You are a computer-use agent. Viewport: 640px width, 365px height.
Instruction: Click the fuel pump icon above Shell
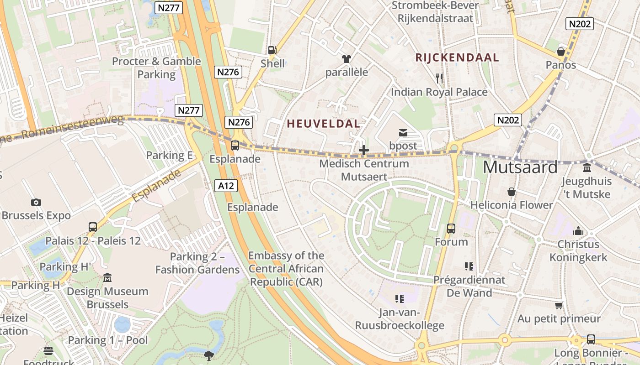[x=272, y=50]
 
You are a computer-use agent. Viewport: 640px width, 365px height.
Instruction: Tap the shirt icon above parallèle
[x=347, y=59]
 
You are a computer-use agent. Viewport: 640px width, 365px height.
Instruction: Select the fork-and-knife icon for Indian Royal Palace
[x=439, y=78]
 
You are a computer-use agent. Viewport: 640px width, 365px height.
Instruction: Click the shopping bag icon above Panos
[x=561, y=52]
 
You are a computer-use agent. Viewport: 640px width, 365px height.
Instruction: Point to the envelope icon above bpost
[x=403, y=133]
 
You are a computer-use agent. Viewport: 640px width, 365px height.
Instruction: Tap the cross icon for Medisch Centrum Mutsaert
[x=364, y=150]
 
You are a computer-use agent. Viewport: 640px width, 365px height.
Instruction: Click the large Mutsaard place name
[x=520, y=167]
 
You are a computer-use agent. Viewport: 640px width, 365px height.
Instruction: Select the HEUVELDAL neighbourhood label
[x=323, y=124]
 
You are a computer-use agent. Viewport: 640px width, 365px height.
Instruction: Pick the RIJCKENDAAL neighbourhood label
[x=457, y=57]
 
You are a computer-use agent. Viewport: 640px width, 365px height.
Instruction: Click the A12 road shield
[x=226, y=186]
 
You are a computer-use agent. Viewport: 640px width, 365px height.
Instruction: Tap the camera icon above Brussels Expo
[x=36, y=202]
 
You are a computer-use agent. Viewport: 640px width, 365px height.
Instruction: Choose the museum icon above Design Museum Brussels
[x=107, y=278]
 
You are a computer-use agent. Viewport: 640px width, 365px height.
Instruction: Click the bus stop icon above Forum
[x=451, y=228]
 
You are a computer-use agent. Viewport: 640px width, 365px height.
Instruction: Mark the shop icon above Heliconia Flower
[x=512, y=192]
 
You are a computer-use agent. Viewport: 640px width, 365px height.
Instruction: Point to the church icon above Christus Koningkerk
[x=578, y=231]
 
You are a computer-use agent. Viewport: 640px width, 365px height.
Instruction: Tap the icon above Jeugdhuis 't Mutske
[x=587, y=168]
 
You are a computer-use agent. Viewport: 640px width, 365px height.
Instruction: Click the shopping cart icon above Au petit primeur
[x=559, y=305]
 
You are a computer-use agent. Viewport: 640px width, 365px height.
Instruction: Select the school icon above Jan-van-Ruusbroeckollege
[x=400, y=299]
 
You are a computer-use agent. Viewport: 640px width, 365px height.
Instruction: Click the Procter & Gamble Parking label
[x=156, y=68]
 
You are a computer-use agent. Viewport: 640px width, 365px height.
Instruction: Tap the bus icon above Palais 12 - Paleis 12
[x=93, y=227]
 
